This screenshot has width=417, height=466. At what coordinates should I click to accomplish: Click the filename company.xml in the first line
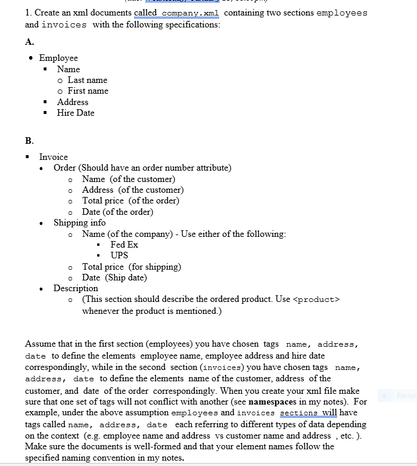(191, 13)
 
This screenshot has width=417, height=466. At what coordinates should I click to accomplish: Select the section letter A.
(29, 41)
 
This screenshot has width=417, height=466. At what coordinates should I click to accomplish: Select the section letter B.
(29, 141)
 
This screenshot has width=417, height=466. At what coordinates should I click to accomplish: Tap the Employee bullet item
(58, 58)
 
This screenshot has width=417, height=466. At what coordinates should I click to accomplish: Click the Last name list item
(87, 80)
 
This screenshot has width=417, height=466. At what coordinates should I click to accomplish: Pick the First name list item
(88, 91)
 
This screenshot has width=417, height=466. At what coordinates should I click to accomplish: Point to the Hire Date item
(76, 113)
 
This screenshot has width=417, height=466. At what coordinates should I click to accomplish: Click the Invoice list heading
(54, 157)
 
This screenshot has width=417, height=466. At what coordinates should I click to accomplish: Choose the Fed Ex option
(124, 245)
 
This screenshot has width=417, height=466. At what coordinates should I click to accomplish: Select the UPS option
(119, 255)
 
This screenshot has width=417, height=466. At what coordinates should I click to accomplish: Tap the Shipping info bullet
(79, 223)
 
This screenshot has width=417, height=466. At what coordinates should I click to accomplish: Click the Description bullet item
(76, 288)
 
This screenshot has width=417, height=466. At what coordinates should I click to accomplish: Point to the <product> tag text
(316, 300)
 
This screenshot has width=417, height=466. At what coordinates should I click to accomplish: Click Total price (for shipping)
(131, 267)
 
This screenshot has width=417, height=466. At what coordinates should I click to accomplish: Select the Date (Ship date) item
(114, 277)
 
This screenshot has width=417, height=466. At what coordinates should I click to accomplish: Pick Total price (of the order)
(130, 200)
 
